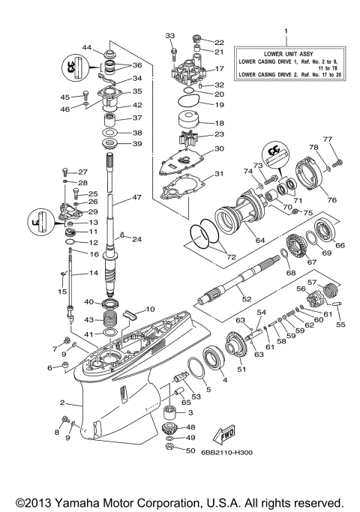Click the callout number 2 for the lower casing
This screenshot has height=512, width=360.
click(x=62, y=403)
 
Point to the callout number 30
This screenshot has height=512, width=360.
click(x=218, y=148)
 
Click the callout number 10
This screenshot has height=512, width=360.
click(x=150, y=308)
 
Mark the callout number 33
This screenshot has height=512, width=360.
click(x=169, y=34)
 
